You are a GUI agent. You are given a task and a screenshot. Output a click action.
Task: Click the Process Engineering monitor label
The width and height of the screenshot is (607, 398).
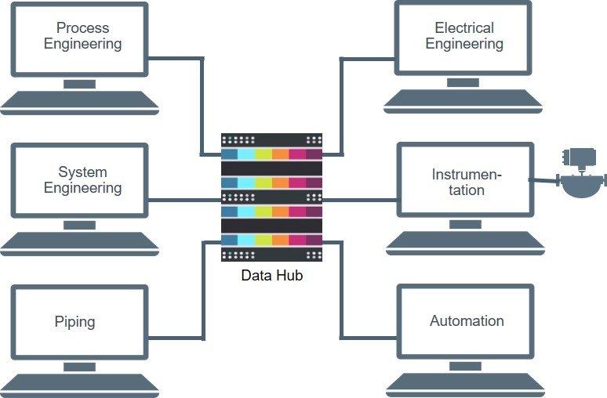(82, 35)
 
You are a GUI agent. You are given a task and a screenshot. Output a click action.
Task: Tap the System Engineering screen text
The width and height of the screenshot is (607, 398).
(82, 179)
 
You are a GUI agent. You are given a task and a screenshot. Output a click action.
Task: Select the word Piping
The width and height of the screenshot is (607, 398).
(75, 321)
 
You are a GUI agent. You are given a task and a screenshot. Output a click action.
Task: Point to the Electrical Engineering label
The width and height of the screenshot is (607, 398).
(464, 35)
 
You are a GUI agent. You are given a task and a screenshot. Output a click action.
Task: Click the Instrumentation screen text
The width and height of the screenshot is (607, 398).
(467, 182)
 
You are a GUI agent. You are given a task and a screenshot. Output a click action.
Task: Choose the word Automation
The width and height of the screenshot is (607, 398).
(467, 321)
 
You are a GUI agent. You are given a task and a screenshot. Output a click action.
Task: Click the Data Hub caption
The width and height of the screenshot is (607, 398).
(271, 275)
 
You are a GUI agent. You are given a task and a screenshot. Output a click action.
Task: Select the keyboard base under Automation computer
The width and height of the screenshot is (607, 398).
(465, 383)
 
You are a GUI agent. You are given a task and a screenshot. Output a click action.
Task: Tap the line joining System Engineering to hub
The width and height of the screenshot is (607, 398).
(184, 200)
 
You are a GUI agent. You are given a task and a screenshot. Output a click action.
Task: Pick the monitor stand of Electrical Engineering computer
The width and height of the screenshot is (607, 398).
(464, 83)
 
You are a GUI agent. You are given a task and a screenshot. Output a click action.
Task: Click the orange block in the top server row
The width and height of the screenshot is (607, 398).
(280, 154)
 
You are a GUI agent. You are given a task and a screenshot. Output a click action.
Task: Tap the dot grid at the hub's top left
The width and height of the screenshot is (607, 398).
(229, 141)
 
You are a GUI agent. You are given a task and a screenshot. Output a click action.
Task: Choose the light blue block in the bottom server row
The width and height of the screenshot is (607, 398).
(246, 240)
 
